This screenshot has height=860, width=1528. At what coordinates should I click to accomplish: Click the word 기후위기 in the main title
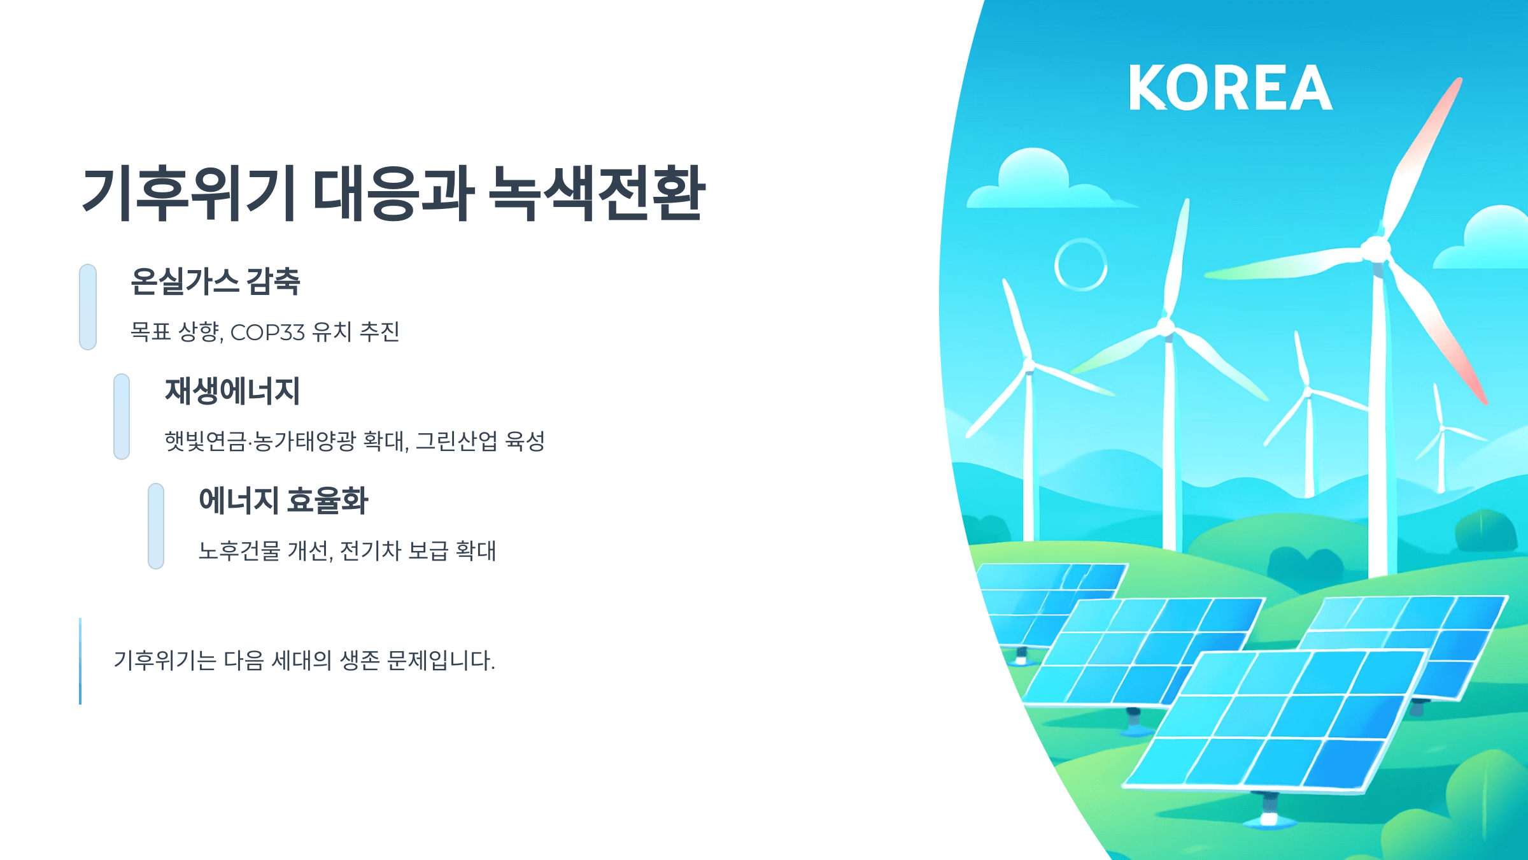click(188, 194)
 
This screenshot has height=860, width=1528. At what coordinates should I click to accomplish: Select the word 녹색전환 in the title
click(597, 194)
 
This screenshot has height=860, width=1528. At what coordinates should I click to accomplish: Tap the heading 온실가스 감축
click(215, 282)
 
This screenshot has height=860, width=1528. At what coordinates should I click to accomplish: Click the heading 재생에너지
click(232, 391)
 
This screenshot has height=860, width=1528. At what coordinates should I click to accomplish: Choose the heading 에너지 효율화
click(283, 501)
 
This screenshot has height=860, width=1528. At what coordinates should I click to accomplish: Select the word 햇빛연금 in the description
click(205, 441)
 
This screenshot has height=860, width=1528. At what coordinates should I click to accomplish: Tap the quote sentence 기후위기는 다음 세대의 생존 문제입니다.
click(304, 661)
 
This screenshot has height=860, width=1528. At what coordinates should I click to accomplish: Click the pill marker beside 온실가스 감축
click(88, 307)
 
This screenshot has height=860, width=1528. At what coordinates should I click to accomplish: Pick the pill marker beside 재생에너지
click(122, 417)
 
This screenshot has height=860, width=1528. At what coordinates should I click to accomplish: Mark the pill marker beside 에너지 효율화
click(156, 526)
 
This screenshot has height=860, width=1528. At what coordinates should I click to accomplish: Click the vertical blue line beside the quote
click(80, 661)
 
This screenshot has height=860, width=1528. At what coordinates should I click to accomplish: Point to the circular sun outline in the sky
click(1080, 265)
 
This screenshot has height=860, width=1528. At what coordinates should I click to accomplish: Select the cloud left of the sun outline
click(1038, 182)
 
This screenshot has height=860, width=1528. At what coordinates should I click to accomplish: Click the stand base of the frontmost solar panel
click(1269, 818)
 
